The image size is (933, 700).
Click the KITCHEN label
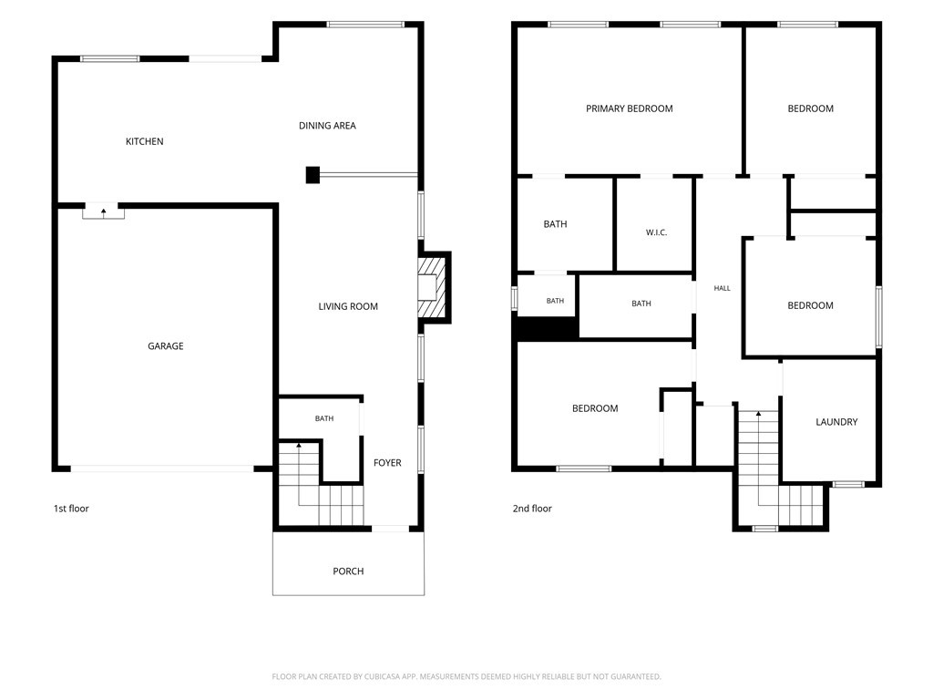(x=145, y=141)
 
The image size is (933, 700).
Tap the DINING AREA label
(x=327, y=126)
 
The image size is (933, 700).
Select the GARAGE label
(x=166, y=345)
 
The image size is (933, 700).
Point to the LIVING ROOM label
(x=348, y=306)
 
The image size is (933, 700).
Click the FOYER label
(x=387, y=462)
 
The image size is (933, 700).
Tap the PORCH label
(x=348, y=571)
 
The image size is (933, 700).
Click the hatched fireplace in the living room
(x=432, y=288)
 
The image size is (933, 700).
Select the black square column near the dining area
(x=313, y=174)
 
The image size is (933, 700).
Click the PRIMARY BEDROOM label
(x=630, y=108)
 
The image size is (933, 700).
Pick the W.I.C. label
(x=656, y=232)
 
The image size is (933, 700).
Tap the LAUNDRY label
(x=836, y=422)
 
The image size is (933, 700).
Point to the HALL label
(x=722, y=288)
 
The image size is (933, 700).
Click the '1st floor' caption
(x=71, y=509)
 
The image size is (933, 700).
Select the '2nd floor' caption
(x=532, y=509)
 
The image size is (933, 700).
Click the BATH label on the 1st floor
(x=324, y=418)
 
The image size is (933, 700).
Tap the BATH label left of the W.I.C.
(x=555, y=224)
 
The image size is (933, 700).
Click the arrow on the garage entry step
(x=104, y=211)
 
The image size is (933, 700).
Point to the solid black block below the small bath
(x=548, y=327)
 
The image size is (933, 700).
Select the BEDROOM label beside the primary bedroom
(x=810, y=108)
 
